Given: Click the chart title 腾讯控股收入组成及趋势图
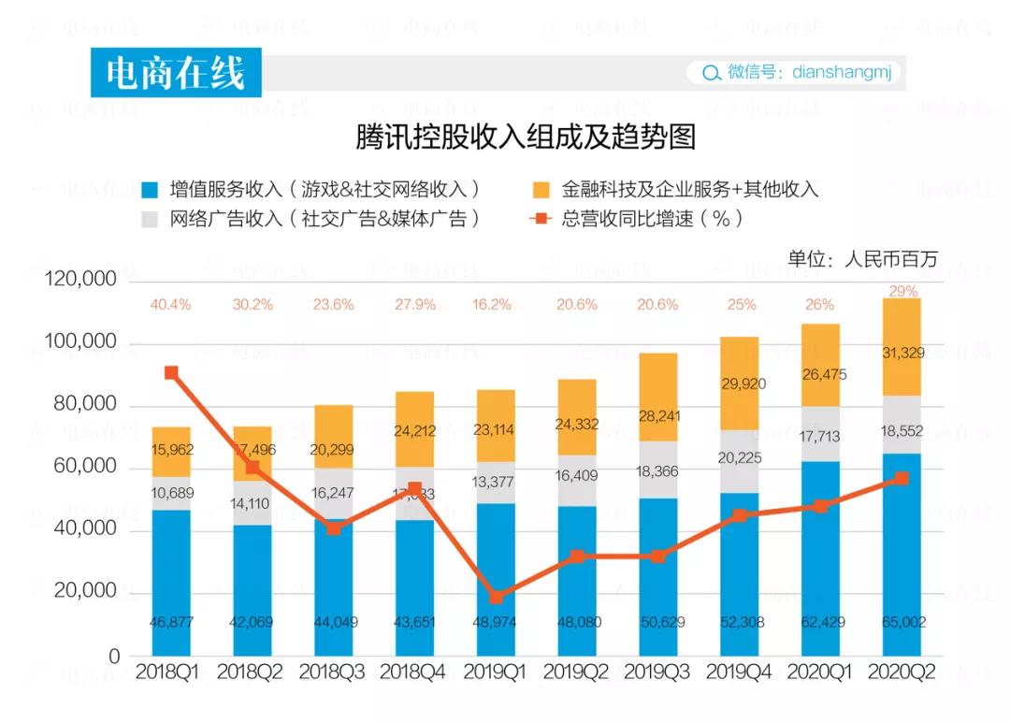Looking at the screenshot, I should [526, 138].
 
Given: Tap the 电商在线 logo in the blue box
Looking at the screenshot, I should [175, 73].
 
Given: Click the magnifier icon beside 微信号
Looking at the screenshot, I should [712, 73].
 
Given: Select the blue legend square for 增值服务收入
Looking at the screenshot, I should [150, 190].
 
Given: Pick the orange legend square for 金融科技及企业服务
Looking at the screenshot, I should [541, 190].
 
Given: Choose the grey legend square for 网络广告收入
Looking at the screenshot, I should [150, 219].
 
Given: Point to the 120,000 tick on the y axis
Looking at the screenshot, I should [82, 280].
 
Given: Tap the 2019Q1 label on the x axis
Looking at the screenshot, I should [496, 672].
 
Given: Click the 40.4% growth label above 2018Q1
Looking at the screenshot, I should [170, 304].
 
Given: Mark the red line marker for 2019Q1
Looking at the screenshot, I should [497, 597].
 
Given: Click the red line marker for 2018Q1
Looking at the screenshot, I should [171, 372].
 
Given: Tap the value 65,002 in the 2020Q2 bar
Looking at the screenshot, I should [902, 623].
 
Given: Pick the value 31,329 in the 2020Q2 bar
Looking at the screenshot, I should [902, 352].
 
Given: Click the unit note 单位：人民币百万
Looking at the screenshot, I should [861, 259].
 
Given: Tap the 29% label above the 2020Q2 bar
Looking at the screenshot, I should [902, 291].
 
